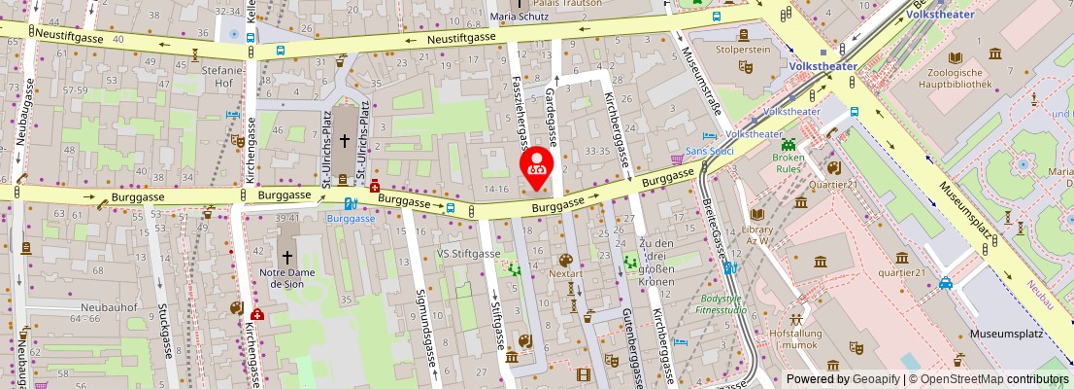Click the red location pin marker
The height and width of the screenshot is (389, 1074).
537,166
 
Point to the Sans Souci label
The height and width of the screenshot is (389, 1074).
709,152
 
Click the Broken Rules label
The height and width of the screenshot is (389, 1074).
789,162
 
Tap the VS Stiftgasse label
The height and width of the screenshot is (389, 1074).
468,253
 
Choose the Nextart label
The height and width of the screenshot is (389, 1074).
565,274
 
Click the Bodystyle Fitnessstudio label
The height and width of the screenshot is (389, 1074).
722,305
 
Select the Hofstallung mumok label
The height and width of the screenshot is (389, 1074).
795,338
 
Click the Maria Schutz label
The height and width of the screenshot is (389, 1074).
520,17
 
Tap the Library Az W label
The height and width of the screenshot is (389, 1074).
757,235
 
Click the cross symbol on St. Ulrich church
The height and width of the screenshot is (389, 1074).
344,141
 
